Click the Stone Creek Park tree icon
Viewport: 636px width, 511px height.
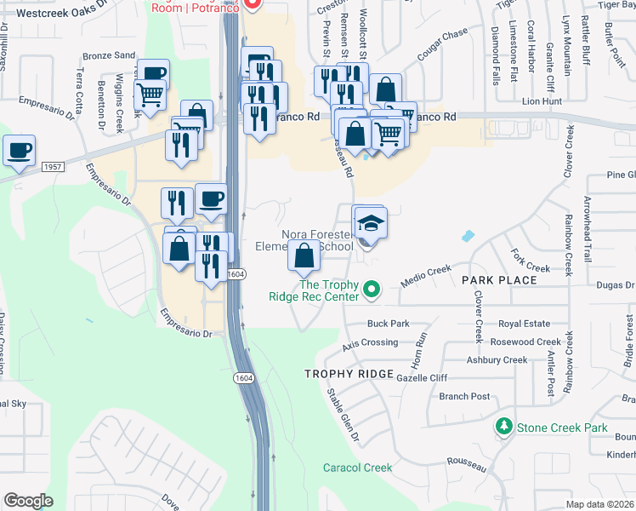click(505, 427)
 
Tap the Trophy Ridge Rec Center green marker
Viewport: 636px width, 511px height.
click(371, 291)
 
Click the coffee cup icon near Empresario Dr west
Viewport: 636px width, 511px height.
click(19, 152)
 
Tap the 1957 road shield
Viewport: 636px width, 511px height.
click(51, 167)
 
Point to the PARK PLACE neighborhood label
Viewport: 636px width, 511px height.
click(499, 280)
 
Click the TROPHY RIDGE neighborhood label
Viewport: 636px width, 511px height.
click(349, 375)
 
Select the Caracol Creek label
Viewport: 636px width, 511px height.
click(357, 468)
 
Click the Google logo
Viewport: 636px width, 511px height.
click(28, 500)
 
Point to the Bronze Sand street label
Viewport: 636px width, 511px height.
click(109, 55)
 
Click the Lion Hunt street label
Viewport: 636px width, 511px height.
click(542, 100)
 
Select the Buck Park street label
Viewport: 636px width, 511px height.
click(388, 324)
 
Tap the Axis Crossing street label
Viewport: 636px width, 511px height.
click(369, 342)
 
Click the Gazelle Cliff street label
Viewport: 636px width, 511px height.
click(422, 377)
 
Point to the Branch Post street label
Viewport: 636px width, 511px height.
click(464, 396)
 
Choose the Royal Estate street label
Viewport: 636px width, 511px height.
click(524, 324)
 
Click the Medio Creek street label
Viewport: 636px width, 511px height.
click(426, 271)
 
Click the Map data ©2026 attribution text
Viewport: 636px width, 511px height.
click(600, 503)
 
